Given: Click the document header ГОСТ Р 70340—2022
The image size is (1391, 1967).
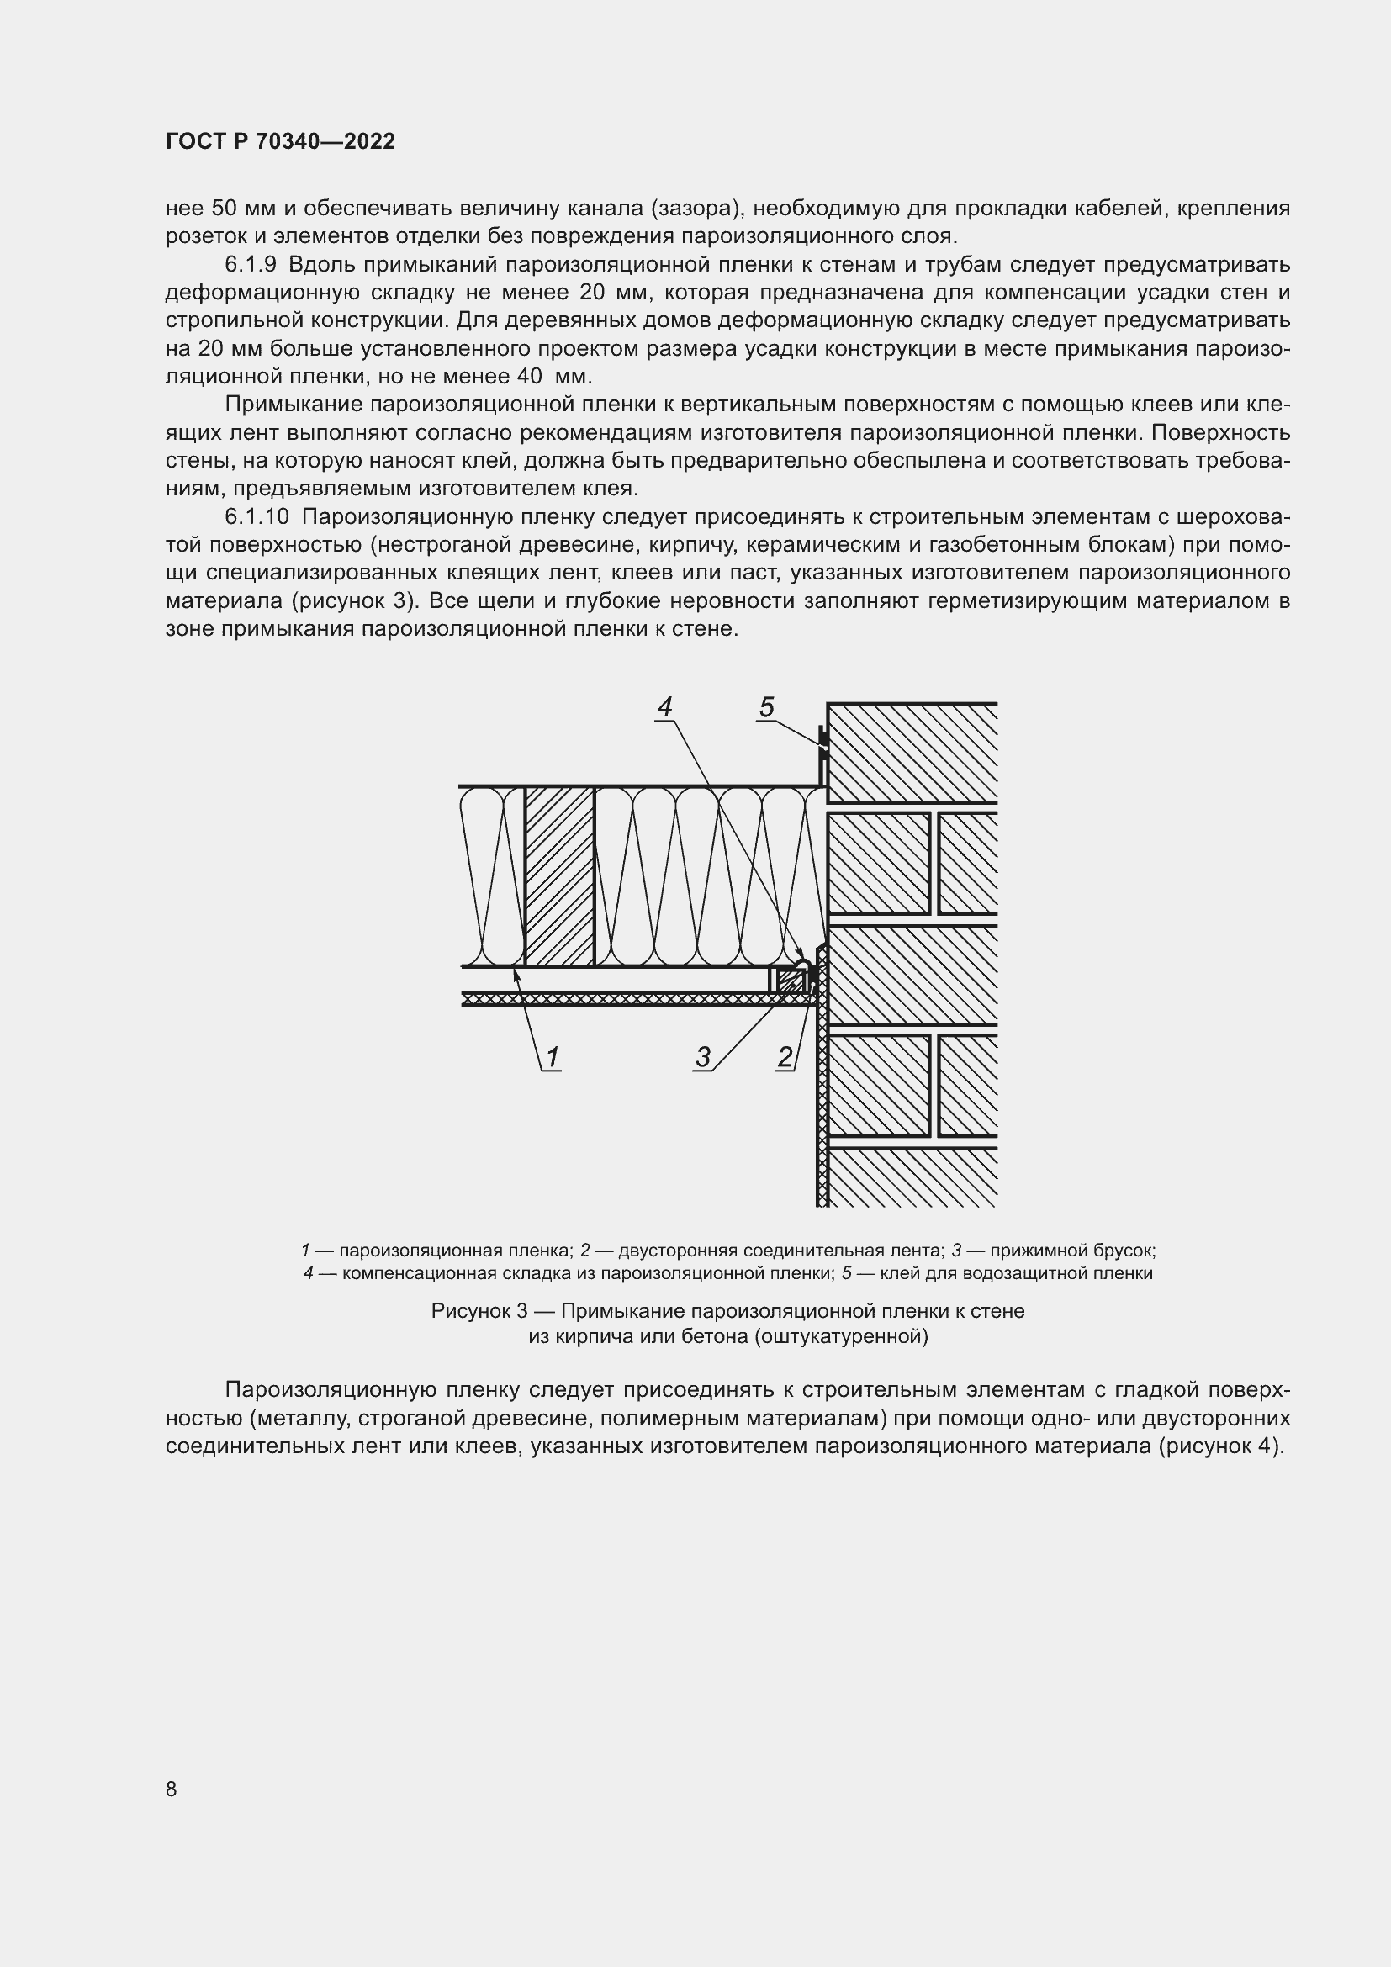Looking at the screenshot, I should pos(280,142).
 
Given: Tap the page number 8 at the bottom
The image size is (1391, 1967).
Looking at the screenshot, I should pos(172,1789).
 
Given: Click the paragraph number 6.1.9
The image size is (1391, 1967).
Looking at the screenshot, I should pos(250,265).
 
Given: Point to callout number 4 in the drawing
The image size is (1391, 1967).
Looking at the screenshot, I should pos(664,706).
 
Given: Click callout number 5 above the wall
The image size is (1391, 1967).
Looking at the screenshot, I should pos(767,706).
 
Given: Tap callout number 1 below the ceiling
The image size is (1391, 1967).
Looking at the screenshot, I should pos(553,1057).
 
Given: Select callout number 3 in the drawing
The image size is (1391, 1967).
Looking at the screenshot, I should pos(703,1057).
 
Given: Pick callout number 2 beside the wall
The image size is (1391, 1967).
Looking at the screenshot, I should pos(785,1057).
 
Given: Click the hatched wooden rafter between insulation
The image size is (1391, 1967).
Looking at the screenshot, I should pos(559,875).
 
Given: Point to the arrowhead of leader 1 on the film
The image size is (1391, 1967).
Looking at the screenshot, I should pos(516,971).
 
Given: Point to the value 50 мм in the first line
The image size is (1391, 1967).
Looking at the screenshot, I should pos(241,209).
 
